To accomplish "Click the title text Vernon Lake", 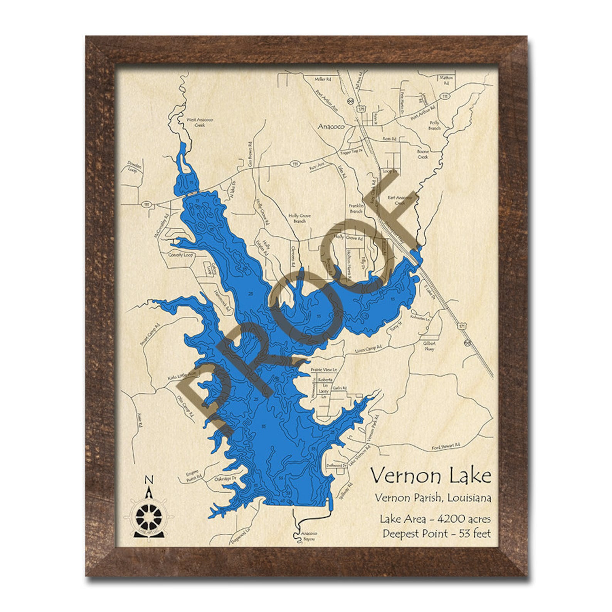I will tap(430, 476).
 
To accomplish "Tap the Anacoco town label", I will tap(331, 126).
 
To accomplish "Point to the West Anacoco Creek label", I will tap(200, 122).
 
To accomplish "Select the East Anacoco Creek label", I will tap(400, 200).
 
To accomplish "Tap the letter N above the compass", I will tap(148, 480).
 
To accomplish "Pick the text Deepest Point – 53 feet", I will tap(436, 533).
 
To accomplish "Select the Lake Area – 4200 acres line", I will tap(435, 519).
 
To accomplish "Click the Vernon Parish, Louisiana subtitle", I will tap(433, 498).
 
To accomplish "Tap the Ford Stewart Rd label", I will tap(446, 446).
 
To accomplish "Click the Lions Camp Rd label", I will tap(368, 348).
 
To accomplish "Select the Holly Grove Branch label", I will tap(299, 218).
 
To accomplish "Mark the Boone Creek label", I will tap(423, 154).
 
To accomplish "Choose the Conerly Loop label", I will tap(181, 255).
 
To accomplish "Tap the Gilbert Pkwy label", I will tap(429, 346).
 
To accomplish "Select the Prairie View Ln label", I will tap(324, 370).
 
